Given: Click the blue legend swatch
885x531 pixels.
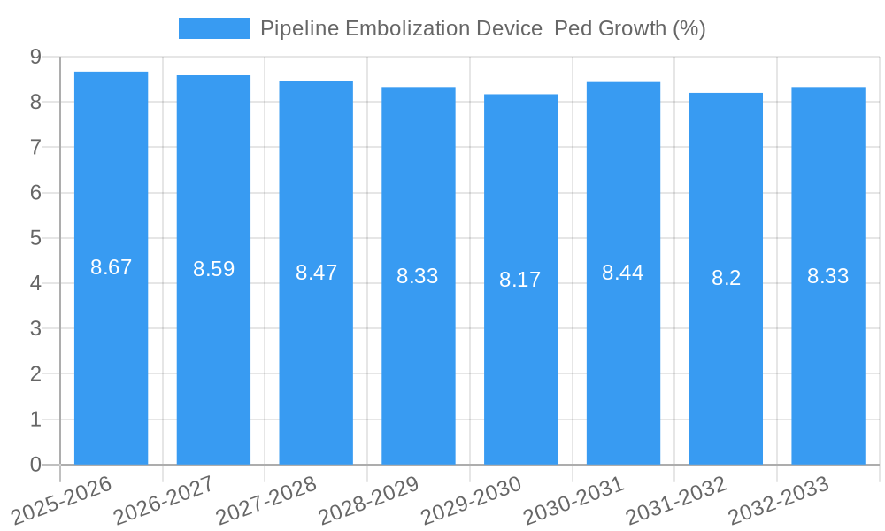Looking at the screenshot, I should pyautogui.click(x=213, y=28).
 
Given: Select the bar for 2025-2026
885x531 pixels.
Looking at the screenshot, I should pyautogui.click(x=111, y=354).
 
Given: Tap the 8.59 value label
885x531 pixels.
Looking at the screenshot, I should pyautogui.click(x=213, y=269).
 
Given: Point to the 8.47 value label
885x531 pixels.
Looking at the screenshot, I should pyautogui.click(x=316, y=273).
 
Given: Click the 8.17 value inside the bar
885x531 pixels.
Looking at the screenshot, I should pyautogui.click(x=519, y=280).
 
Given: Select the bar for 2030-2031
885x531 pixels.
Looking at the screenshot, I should pyautogui.click(x=623, y=354).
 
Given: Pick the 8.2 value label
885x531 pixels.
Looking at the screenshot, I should pyautogui.click(x=726, y=278).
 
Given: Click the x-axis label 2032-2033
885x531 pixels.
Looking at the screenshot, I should pyautogui.click(x=779, y=500).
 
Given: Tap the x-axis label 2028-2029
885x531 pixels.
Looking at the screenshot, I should pyautogui.click(x=369, y=500).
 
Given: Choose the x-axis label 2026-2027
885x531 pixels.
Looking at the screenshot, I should pyautogui.click(x=165, y=500).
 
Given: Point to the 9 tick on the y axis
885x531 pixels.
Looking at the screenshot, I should pyautogui.click(x=35, y=57).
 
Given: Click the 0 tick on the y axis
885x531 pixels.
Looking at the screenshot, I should pyautogui.click(x=35, y=465).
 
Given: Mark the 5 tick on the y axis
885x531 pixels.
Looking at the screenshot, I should pyautogui.click(x=35, y=238).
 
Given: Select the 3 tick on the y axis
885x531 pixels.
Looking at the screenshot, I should pyautogui.click(x=35, y=328).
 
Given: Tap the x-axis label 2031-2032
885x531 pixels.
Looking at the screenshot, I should pyautogui.click(x=676, y=500).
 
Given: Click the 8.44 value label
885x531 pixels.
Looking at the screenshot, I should pyautogui.click(x=623, y=273).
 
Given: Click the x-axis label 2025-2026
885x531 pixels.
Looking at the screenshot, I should pyautogui.click(x=62, y=500).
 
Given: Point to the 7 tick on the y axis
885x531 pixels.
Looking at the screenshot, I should pyautogui.click(x=35, y=147).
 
